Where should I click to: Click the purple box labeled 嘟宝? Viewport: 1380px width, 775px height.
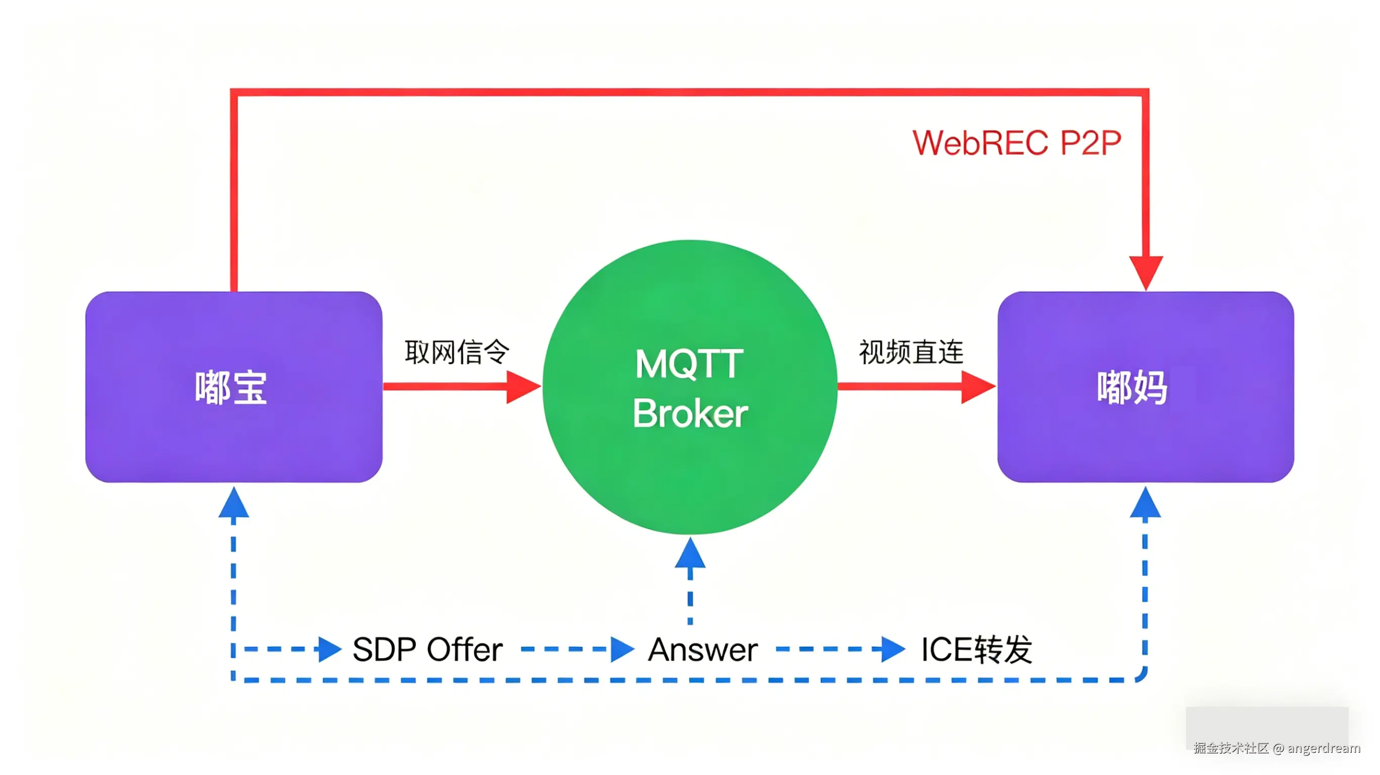(233, 386)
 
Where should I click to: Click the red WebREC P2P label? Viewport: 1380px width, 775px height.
(1016, 142)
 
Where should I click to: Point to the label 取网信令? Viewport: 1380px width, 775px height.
(457, 352)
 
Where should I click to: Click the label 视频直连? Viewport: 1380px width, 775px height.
(911, 352)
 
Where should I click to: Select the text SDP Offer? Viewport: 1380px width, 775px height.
(427, 650)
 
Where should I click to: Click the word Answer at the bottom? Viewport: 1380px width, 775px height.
(703, 650)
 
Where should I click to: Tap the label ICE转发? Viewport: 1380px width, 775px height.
(976, 650)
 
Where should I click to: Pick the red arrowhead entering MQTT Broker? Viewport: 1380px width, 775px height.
(522, 386)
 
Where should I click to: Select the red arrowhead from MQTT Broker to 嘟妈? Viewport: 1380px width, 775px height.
(977, 386)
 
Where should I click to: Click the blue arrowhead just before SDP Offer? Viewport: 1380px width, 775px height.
(328, 649)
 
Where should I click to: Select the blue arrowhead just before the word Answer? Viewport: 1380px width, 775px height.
(621, 649)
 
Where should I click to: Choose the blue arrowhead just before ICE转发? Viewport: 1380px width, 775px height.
(892, 649)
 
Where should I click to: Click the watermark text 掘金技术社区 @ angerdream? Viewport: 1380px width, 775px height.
(1276, 748)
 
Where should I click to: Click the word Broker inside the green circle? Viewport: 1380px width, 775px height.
(690, 414)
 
